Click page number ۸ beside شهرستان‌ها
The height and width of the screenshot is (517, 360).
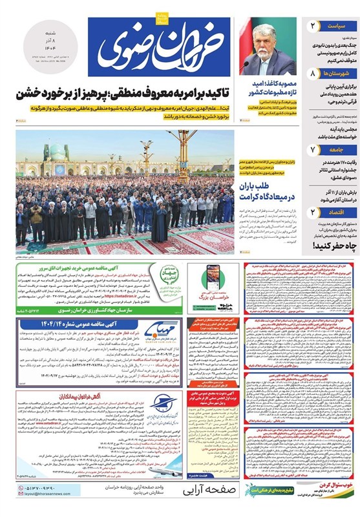point(313,74)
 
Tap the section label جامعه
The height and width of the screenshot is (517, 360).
point(336,150)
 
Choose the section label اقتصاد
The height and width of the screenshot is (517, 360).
point(335,211)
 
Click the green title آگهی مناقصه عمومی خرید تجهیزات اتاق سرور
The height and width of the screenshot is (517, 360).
point(90,269)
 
